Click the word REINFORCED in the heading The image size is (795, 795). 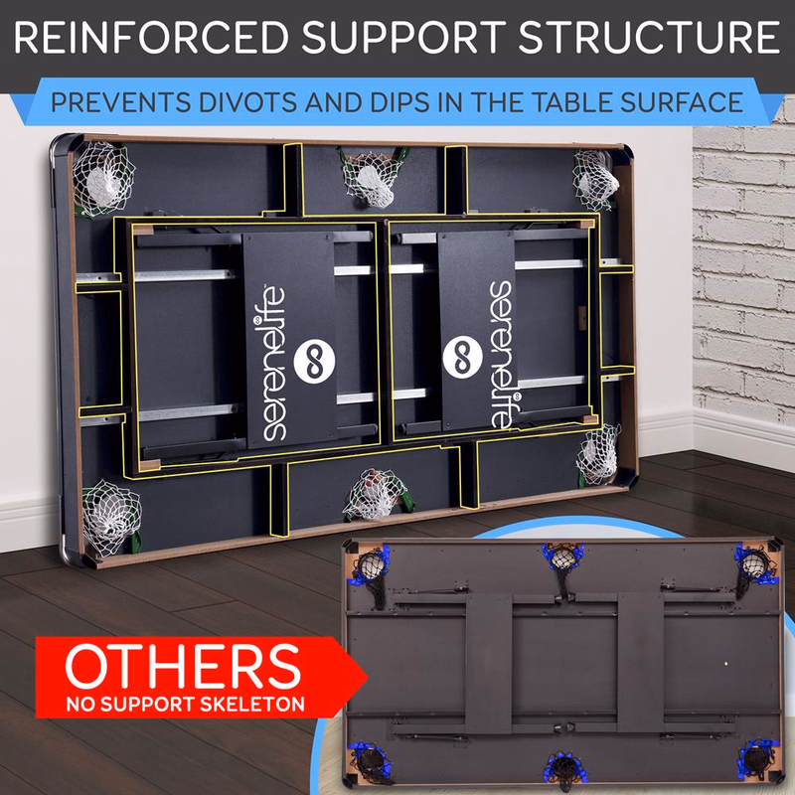pyautogui.click(x=151, y=38)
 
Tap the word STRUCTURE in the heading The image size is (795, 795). pyautogui.click(x=649, y=38)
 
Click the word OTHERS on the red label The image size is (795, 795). pyautogui.click(x=183, y=666)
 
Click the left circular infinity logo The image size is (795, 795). pyautogui.click(x=314, y=361)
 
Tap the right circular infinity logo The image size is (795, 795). pyautogui.click(x=462, y=357)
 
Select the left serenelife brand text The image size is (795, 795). pyautogui.click(x=274, y=364)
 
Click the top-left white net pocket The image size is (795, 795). pyautogui.click(x=103, y=179)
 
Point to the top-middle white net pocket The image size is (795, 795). pyautogui.click(x=373, y=178)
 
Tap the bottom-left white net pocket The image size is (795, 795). pyautogui.click(x=111, y=517)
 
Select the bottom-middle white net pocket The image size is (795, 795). pyautogui.click(x=378, y=494)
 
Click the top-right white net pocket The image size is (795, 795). pyautogui.click(x=595, y=180)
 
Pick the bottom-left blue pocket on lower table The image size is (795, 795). pyautogui.click(x=369, y=761)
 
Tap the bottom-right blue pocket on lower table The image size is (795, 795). pyautogui.click(x=757, y=759)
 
